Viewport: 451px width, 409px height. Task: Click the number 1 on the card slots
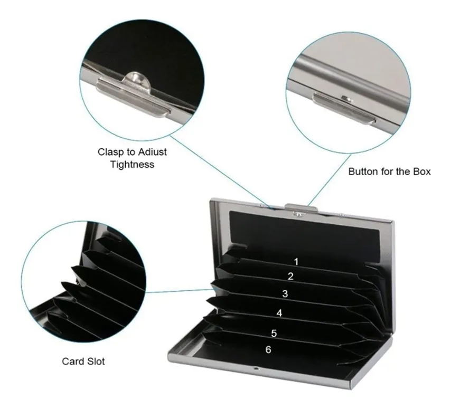[296, 262]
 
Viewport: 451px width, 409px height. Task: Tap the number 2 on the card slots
[291, 276]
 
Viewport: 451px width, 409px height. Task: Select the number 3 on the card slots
[285, 293]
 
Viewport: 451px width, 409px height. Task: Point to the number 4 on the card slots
[279, 313]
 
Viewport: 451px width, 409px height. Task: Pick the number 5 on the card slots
[274, 333]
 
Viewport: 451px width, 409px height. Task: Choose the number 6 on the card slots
[268, 349]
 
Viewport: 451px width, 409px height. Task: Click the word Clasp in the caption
[111, 152]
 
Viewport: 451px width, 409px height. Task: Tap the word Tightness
[133, 165]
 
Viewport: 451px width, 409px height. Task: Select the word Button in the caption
[363, 172]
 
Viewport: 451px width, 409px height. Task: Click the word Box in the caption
[422, 172]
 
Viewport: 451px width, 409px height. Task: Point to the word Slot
[95, 362]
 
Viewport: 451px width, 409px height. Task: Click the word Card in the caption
[72, 362]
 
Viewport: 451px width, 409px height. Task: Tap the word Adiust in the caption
[153, 152]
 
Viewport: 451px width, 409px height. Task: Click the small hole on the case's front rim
[255, 368]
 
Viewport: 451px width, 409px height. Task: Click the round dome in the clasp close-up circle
[137, 79]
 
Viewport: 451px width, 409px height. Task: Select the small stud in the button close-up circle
[346, 99]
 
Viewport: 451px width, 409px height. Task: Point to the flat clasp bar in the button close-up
[344, 109]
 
